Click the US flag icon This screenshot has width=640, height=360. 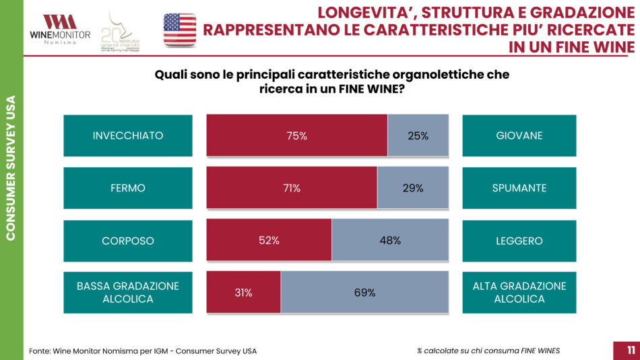click(x=180, y=30)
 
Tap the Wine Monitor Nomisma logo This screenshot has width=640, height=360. click(x=60, y=29)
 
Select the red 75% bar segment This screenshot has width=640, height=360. click(x=296, y=136)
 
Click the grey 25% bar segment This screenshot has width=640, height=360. click(x=418, y=136)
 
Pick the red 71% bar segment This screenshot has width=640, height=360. click(x=292, y=188)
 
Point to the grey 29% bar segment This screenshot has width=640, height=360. click(x=412, y=188)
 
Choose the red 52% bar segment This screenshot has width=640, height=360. click(x=269, y=240)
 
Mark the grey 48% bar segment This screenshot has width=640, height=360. click(x=389, y=240)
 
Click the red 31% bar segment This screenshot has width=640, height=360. click(x=243, y=293)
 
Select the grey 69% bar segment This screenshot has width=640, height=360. click(x=364, y=293)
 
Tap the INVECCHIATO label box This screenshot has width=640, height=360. click(x=128, y=136)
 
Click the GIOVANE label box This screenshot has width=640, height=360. click(x=519, y=136)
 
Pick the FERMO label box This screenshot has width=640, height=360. click(x=128, y=188)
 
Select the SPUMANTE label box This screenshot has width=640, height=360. click(x=519, y=188)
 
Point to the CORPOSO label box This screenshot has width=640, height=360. click(x=128, y=240)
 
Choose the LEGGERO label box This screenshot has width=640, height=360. click(x=519, y=240)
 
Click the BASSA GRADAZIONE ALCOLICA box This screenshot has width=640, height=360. click(x=128, y=293)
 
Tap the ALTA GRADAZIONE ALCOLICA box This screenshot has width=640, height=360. click(x=519, y=293)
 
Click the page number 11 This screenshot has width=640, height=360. click(x=631, y=350)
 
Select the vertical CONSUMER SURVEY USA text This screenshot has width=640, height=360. click(x=11, y=168)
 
